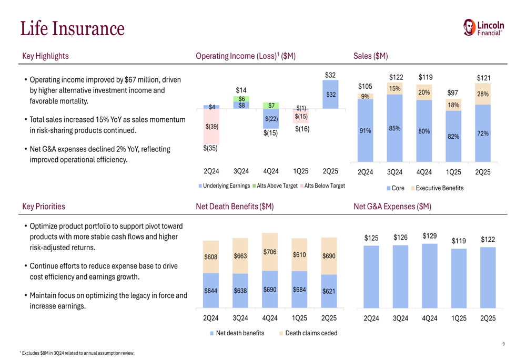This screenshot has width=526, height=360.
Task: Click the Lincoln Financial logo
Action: (483, 28)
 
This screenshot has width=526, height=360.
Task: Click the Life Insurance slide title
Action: (73, 29)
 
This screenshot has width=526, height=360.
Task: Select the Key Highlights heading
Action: (45, 56)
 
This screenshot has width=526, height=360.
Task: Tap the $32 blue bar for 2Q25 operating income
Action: (330, 95)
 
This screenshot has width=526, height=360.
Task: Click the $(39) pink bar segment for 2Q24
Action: (211, 126)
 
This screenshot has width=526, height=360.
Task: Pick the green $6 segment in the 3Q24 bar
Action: (241, 99)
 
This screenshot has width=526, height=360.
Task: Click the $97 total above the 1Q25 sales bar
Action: (453, 93)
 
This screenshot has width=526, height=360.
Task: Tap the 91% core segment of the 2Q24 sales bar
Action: (365, 131)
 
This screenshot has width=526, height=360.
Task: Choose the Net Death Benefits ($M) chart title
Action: (235, 207)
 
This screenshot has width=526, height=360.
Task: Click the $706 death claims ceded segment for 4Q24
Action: (270, 252)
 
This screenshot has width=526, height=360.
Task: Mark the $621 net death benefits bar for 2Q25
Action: (329, 291)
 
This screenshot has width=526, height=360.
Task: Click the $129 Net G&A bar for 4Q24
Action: (430, 276)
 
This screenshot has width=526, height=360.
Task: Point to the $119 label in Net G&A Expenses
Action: (459, 241)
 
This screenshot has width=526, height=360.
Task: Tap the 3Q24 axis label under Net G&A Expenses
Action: (400, 318)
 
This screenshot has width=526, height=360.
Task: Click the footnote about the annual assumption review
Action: (77, 353)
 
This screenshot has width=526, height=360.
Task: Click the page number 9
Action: (503, 344)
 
